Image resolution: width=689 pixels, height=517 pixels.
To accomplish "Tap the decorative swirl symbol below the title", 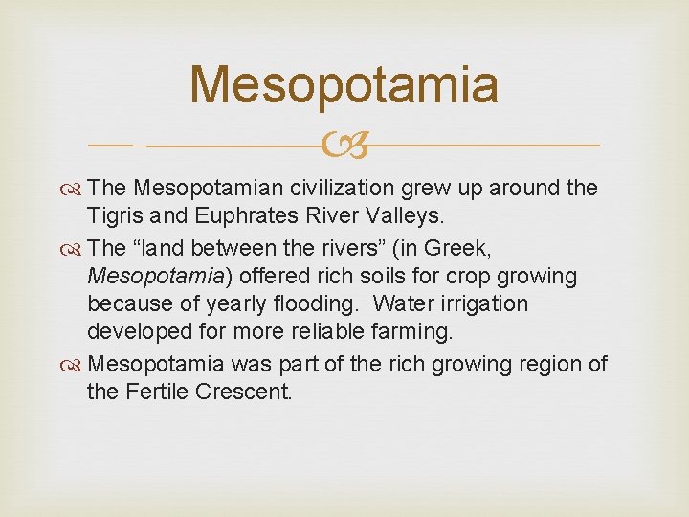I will point(344,146).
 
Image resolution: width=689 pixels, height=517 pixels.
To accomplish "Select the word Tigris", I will point(114,217).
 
